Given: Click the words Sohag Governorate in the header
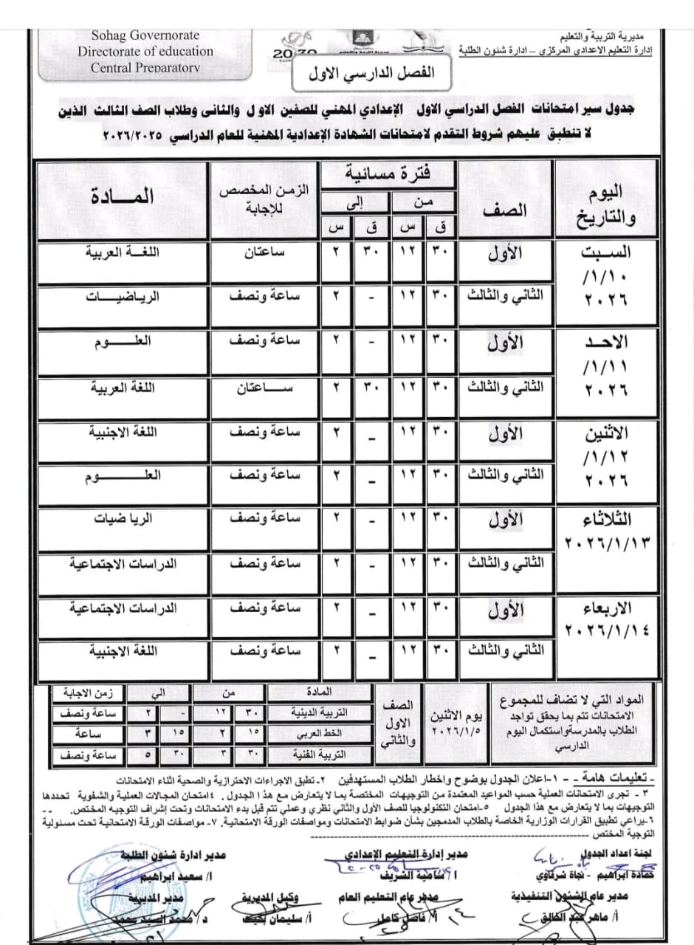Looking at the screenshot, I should point(145,35).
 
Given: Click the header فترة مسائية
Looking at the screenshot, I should point(392,174).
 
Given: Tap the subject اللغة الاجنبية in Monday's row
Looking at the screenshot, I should point(122,430).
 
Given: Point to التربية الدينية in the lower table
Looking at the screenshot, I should point(321,714).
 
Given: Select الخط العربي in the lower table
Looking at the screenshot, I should point(321,735).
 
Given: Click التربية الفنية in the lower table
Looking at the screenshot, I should point(321,755).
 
